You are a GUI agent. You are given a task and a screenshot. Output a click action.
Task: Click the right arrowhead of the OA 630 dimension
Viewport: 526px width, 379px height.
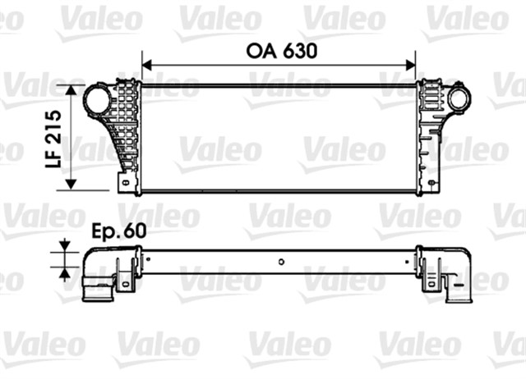point(413,62)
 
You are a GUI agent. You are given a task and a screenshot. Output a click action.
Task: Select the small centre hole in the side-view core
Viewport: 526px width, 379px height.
point(281,263)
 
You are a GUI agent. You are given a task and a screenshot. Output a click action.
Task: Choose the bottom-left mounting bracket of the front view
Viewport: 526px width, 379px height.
point(125,182)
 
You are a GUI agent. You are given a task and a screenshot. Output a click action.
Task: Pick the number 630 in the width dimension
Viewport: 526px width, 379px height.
point(299,50)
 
